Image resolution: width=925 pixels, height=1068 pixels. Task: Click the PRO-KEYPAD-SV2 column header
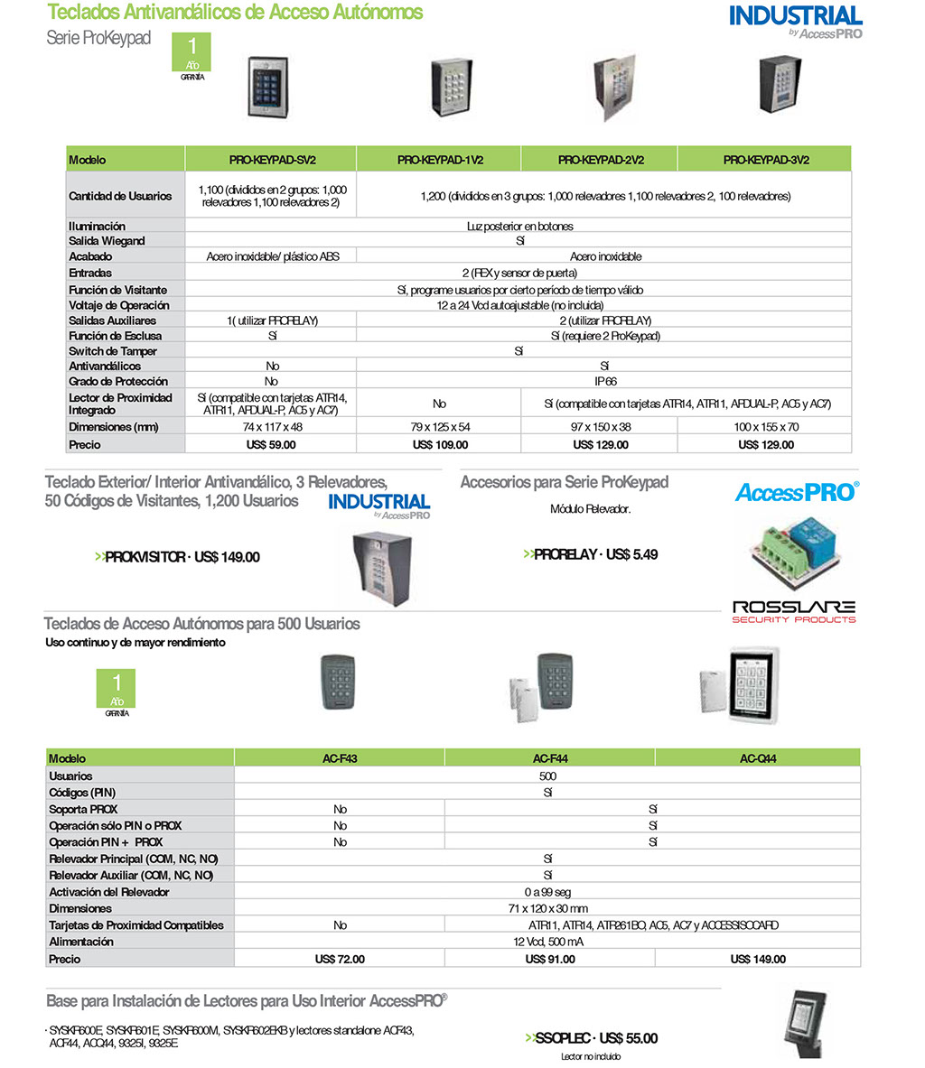[x=271, y=160]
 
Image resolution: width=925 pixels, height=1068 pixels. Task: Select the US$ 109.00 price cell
[x=440, y=444]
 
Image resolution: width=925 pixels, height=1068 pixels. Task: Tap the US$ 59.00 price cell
[x=271, y=444]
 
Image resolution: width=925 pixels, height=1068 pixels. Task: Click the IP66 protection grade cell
[x=605, y=381]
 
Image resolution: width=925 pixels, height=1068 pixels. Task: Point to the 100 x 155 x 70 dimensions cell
[x=765, y=426]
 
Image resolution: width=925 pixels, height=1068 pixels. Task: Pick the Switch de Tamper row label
[x=113, y=351]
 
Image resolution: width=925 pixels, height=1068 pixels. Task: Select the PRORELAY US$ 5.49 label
[x=590, y=554]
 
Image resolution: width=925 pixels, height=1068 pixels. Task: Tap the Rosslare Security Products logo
[x=793, y=611]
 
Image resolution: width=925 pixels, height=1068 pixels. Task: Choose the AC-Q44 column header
[x=758, y=758]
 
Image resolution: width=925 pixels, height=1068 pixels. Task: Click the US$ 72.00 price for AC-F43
[x=340, y=959]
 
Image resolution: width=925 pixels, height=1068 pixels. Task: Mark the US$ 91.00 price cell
[x=549, y=959]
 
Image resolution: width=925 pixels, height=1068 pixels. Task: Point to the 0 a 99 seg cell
[x=547, y=892]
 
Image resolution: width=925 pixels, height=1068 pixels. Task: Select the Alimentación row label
[x=81, y=942]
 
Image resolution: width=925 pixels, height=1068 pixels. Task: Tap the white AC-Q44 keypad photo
[x=752, y=683]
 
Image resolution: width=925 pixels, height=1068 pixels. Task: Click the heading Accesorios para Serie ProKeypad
[x=565, y=482]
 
